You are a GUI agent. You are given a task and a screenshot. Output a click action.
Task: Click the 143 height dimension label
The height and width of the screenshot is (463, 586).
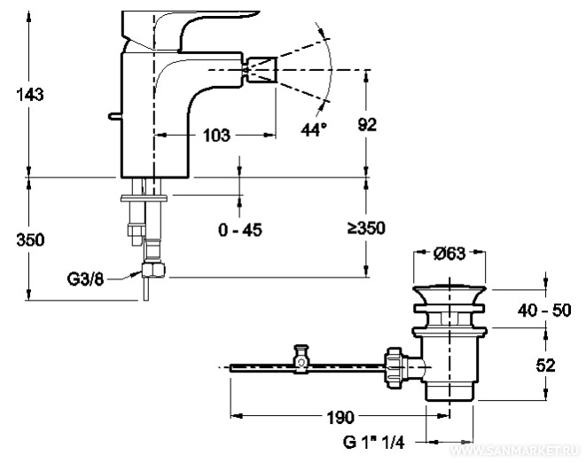(29, 95)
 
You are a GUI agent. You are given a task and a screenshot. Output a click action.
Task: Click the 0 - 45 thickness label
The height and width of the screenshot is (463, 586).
(239, 230)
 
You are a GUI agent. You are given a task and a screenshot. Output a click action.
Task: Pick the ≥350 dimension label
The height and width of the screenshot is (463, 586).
(366, 228)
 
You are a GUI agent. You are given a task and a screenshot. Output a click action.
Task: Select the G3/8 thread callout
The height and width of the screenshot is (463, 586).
(87, 279)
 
